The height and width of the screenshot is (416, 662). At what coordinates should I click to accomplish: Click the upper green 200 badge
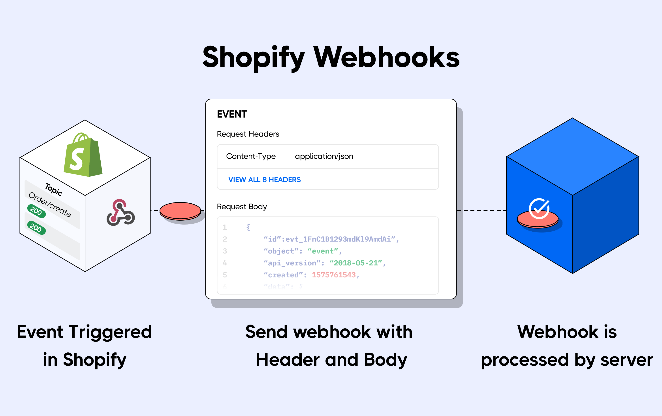point(36,211)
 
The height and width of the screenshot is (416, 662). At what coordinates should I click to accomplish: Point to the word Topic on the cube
point(54,189)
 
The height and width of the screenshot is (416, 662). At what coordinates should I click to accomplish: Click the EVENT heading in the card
point(232,114)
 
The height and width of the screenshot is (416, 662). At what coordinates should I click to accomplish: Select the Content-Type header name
point(250,156)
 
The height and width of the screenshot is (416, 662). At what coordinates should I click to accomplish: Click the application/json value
point(324,156)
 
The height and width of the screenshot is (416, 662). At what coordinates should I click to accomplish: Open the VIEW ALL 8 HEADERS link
point(265,180)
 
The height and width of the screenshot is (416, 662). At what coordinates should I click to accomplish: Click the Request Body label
point(242,207)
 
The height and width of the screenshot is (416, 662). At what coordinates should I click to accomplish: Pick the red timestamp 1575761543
point(334,275)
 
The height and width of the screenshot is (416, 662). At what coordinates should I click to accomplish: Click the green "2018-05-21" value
point(356,263)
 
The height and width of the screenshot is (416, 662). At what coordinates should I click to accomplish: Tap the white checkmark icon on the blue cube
point(539,208)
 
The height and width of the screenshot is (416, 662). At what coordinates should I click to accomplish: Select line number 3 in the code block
point(225,251)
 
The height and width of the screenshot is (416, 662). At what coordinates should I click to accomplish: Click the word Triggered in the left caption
point(110,332)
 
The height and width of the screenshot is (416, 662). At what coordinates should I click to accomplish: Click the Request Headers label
point(248,134)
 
